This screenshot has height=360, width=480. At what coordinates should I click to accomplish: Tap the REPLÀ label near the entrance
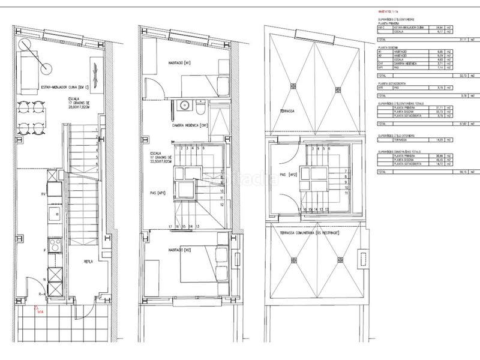click(88, 262)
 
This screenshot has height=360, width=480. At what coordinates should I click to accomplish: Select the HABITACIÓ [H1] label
click(179, 62)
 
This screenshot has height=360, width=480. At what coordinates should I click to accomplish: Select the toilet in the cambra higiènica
click(200, 108)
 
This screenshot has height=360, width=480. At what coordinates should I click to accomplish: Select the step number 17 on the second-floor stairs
click(171, 226)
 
